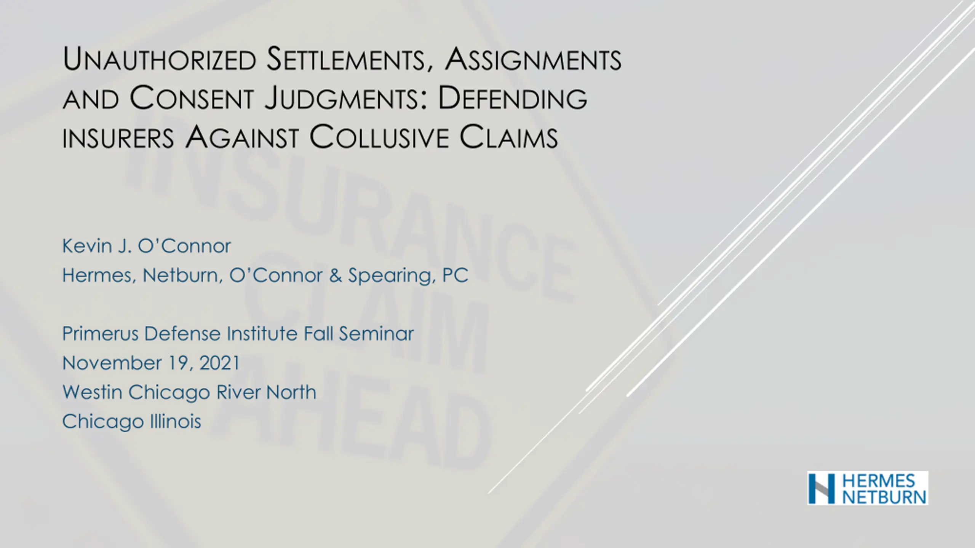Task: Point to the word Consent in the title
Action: click(x=192, y=98)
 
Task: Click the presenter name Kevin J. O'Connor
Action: click(x=147, y=246)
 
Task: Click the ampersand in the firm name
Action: click(x=335, y=276)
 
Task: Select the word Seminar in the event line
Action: click(x=376, y=334)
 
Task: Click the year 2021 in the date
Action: click(x=219, y=363)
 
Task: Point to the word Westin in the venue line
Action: click(x=92, y=392)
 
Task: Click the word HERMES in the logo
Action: click(x=879, y=480)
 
